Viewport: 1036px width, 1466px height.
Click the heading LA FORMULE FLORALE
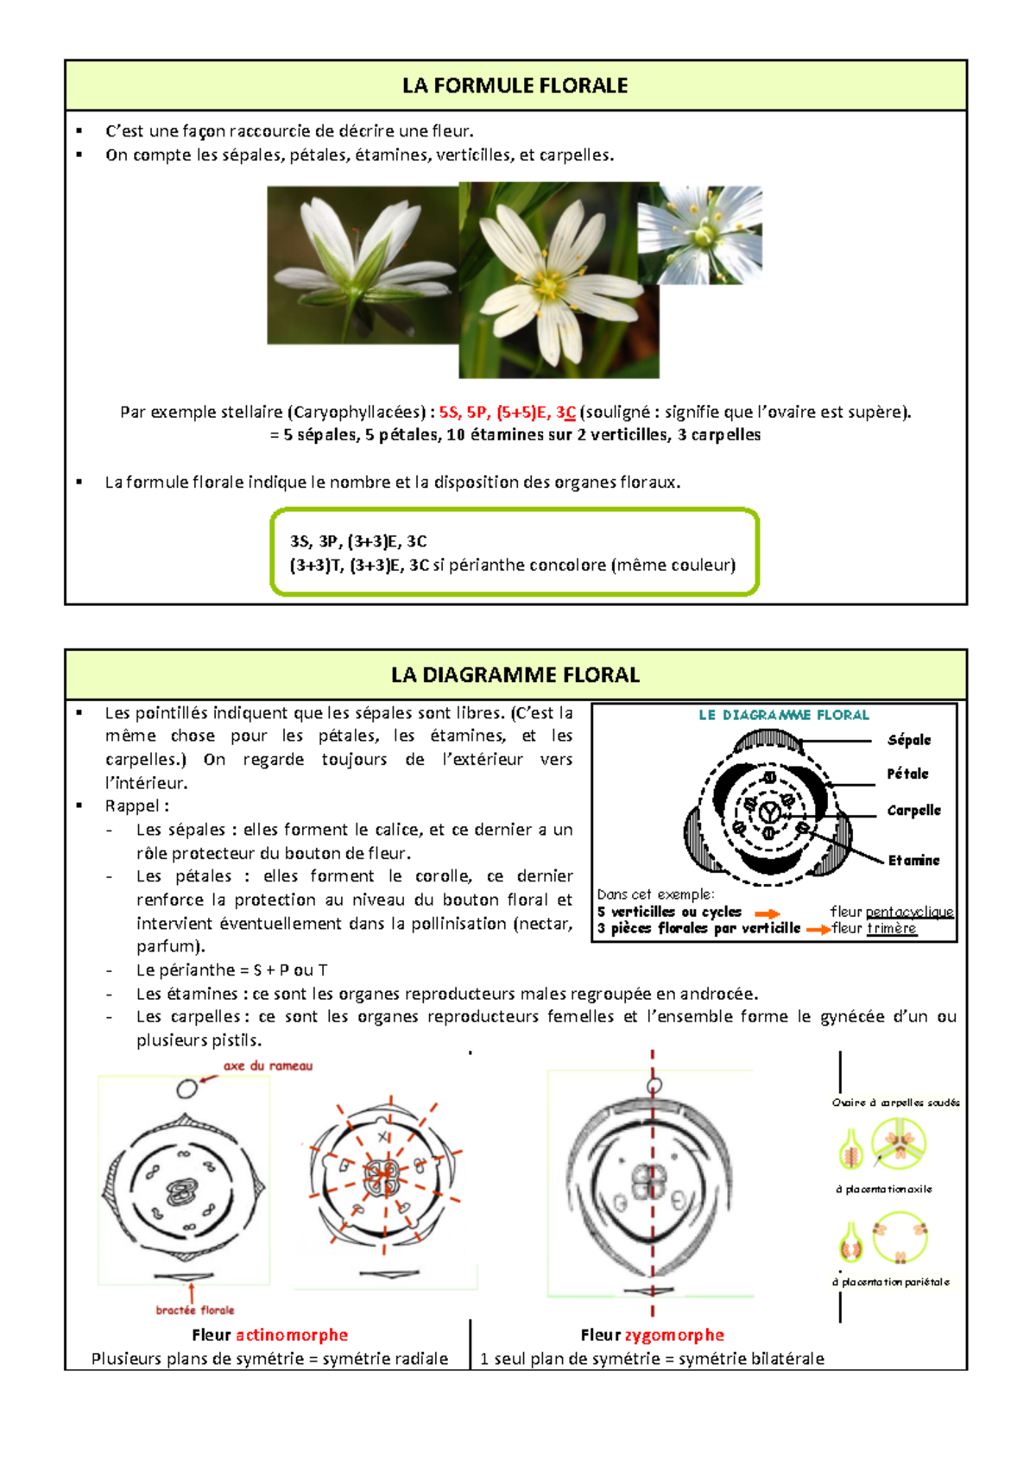pyautogui.click(x=515, y=85)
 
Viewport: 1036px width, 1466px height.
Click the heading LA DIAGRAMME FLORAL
pyautogui.click(x=515, y=675)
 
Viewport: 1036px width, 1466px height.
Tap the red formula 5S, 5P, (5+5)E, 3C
pyautogui.click(x=507, y=412)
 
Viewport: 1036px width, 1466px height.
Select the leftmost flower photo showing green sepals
pyautogui.click(x=362, y=266)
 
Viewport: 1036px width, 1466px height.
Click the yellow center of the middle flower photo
pyautogui.click(x=547, y=285)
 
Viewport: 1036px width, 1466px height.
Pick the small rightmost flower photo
pyautogui.click(x=699, y=235)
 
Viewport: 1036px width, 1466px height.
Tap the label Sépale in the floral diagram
pyautogui.click(x=909, y=740)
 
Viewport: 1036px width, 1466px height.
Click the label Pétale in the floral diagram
pyautogui.click(x=907, y=774)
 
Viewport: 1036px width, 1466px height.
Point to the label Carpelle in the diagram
pyautogui.click(x=913, y=810)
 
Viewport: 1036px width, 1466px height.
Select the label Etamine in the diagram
pyautogui.click(x=913, y=860)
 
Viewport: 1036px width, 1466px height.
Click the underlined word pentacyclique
pyautogui.click(x=909, y=912)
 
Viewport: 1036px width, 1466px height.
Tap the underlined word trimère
pyautogui.click(x=892, y=928)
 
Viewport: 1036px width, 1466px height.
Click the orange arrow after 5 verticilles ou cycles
pyautogui.click(x=767, y=913)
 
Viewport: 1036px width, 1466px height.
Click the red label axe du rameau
pyautogui.click(x=268, y=1065)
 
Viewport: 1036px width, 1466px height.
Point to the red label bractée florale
pyautogui.click(x=195, y=1310)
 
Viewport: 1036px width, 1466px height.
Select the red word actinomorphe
pyautogui.click(x=292, y=1335)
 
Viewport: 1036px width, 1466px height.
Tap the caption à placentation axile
pyautogui.click(x=883, y=1189)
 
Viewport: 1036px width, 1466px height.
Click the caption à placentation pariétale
pyautogui.click(x=890, y=1282)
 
